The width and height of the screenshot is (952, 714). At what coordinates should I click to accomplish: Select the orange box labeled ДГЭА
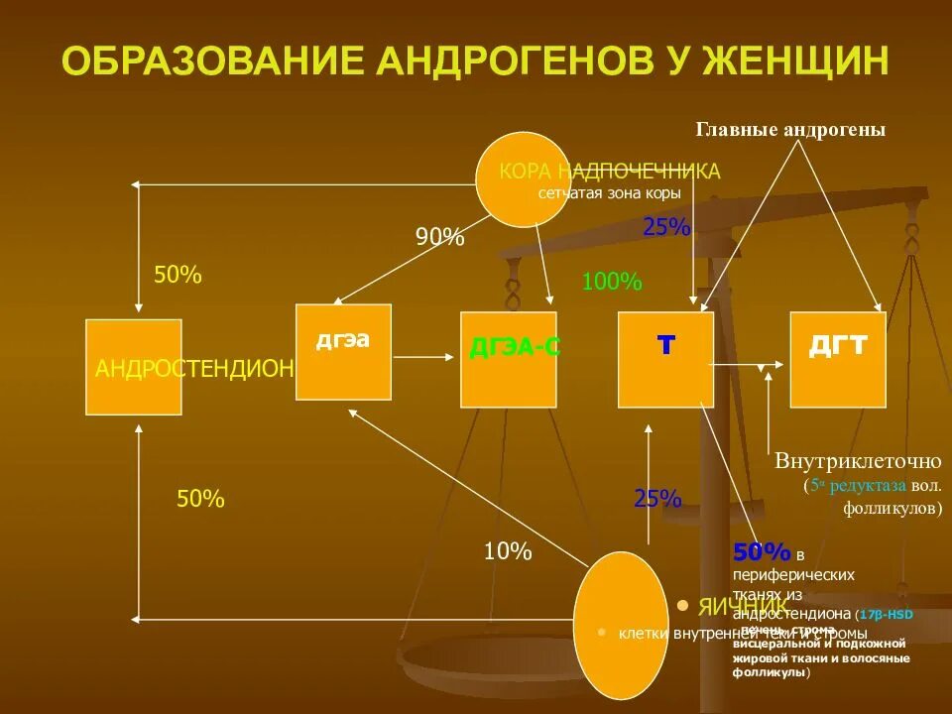[x=343, y=351]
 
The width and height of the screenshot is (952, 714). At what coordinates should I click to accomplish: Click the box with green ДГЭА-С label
[x=508, y=359]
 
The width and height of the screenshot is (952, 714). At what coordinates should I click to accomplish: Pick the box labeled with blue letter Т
[x=665, y=359]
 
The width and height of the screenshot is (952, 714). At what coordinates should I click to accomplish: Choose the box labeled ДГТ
[x=838, y=359]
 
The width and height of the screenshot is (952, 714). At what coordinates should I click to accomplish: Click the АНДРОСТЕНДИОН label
[x=194, y=369]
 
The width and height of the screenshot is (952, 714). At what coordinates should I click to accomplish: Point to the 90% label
[x=439, y=237]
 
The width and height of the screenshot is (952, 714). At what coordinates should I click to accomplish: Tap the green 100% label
[x=612, y=282]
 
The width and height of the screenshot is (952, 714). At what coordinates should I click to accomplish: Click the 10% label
[x=508, y=551]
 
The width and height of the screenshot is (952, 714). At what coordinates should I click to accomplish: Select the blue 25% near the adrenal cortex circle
[x=666, y=227]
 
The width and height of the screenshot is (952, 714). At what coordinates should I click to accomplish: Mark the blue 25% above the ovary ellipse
[x=657, y=499]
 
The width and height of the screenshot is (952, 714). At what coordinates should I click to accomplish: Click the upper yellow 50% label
[x=178, y=276]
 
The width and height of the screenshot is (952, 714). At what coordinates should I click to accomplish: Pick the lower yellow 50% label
[x=200, y=500]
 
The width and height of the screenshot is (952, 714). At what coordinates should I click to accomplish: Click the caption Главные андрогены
[x=789, y=130]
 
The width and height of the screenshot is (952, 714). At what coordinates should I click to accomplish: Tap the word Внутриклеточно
[x=858, y=461]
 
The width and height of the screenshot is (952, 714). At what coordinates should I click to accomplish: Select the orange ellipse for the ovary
[x=621, y=625]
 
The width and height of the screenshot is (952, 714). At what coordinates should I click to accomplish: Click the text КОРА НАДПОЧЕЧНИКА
[x=610, y=172]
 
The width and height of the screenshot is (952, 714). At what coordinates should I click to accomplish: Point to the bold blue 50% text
[x=762, y=552]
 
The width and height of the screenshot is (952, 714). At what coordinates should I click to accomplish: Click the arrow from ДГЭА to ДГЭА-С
[x=424, y=354]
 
